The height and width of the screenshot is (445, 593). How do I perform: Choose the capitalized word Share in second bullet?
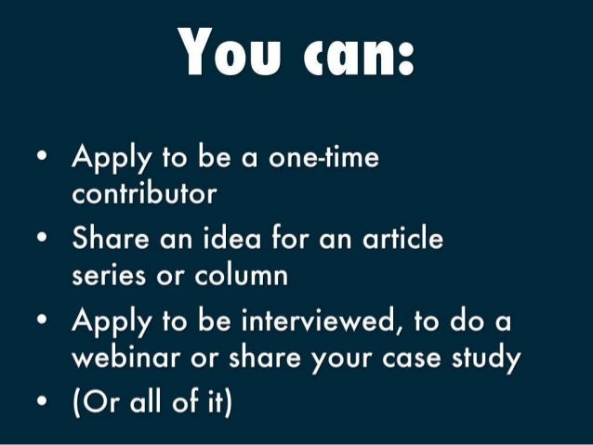(x=110, y=240)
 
